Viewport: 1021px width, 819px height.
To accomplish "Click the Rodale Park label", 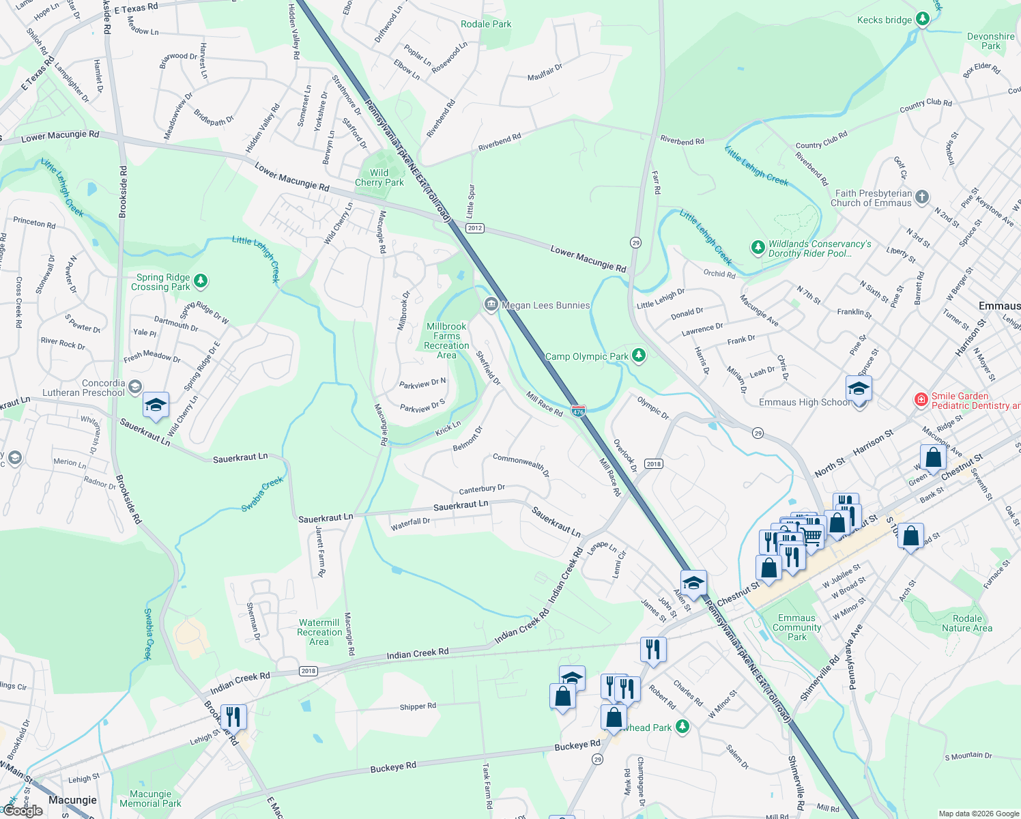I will (486, 24).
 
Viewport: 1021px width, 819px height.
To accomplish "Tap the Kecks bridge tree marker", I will (923, 19).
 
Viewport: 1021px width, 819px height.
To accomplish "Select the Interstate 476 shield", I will (578, 411).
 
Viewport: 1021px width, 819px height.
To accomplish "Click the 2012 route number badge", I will (475, 228).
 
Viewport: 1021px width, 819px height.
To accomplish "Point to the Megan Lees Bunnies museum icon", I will (491, 305).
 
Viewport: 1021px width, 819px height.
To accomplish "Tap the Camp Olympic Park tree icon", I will (639, 355).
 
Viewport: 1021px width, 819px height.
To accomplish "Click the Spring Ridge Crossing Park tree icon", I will (200, 281).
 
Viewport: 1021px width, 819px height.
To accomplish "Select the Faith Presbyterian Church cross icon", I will (922, 197).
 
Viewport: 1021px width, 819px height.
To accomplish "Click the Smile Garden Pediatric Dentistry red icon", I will (921, 399).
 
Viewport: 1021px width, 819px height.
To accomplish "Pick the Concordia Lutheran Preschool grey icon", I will (135, 387).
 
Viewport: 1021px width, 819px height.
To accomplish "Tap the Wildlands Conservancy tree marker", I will (758, 247).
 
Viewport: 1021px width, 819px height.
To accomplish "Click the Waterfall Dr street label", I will (410, 523).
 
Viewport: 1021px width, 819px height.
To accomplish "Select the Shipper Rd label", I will (418, 706).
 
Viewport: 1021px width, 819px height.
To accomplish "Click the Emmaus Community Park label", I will (796, 627).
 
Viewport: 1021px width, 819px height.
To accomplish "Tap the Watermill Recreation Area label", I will (319, 632).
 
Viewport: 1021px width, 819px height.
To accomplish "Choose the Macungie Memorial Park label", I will (150, 799).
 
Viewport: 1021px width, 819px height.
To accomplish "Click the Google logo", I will (23, 811).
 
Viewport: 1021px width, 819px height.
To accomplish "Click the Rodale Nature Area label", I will (967, 623).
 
